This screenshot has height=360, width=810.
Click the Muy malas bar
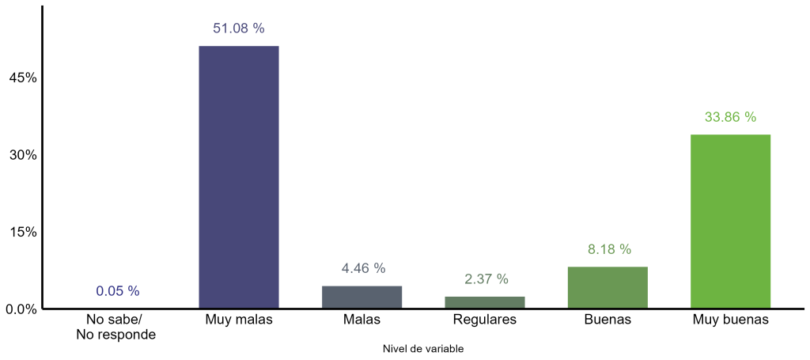[x=238, y=177]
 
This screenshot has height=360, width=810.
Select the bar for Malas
[x=361, y=297]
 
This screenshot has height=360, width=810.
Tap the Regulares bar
[x=485, y=302]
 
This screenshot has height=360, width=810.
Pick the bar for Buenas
[x=608, y=287]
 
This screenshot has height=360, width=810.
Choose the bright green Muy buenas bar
[x=730, y=222]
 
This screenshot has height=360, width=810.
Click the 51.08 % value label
[x=238, y=28]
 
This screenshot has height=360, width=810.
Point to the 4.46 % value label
[x=363, y=268]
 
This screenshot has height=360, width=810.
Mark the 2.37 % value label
[x=486, y=279]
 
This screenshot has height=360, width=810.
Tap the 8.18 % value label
[x=609, y=249]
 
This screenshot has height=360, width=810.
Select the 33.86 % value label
[x=730, y=117]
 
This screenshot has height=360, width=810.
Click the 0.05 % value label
[x=117, y=291]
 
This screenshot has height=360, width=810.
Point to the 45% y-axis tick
[x=22, y=78]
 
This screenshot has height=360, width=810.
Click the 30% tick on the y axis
[x=22, y=155]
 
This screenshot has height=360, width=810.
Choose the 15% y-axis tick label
[x=22, y=232]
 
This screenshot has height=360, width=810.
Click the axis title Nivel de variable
[x=423, y=348]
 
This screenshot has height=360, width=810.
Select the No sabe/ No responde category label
[x=115, y=327]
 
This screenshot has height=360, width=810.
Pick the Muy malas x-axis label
[x=238, y=320]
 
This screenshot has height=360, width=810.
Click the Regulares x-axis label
[x=485, y=320]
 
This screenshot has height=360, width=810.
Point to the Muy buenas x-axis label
[x=730, y=320]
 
